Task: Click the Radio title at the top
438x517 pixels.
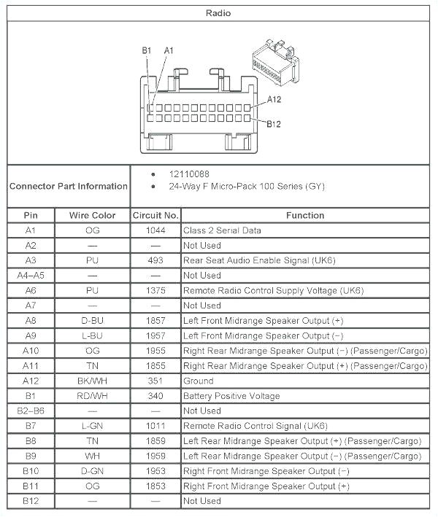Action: click(218, 13)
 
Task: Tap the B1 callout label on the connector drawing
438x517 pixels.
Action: click(147, 50)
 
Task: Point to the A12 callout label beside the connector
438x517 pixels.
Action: click(274, 100)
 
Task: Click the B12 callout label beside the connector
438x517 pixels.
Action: click(274, 124)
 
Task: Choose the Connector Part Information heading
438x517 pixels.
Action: click(69, 186)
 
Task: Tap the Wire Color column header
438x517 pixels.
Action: click(92, 215)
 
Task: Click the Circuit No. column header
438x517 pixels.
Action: click(155, 215)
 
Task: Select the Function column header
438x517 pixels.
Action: click(305, 215)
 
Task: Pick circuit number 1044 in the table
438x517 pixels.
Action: click(155, 230)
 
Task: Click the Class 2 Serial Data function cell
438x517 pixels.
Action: click(222, 230)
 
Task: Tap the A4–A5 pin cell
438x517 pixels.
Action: click(31, 276)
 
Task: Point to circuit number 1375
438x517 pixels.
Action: click(155, 290)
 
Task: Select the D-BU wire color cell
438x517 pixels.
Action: click(92, 321)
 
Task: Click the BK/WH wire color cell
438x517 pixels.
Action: click(92, 381)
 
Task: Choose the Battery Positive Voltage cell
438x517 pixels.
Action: click(231, 396)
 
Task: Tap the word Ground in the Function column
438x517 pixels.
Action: click(199, 381)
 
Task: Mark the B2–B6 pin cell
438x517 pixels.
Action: click(31, 411)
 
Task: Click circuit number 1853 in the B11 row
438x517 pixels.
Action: click(155, 486)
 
